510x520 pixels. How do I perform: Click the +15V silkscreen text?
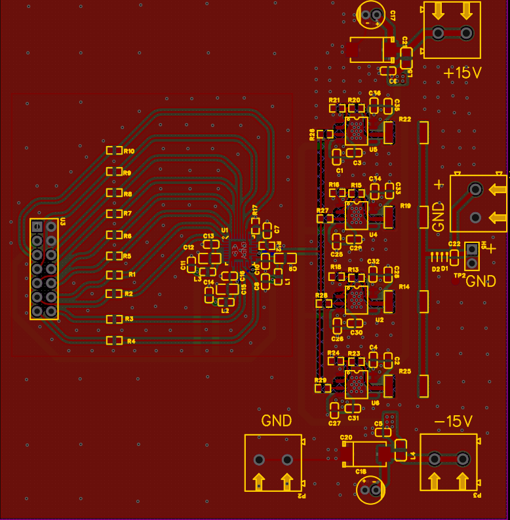463,73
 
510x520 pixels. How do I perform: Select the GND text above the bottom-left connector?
276,420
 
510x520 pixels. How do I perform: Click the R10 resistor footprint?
114,151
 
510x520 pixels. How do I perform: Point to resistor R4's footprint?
114,341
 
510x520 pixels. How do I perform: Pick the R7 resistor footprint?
114,214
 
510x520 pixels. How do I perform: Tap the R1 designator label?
132,274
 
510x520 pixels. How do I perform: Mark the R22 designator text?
404,119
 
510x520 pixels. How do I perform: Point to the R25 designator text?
404,371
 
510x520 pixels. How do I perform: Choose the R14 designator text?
403,287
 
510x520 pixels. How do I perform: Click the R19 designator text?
405,206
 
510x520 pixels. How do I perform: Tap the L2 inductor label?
226,310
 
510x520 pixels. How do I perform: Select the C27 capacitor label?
334,423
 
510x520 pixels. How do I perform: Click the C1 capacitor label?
340,170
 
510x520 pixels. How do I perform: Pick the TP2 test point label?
459,276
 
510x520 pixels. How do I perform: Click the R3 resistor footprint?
114,319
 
